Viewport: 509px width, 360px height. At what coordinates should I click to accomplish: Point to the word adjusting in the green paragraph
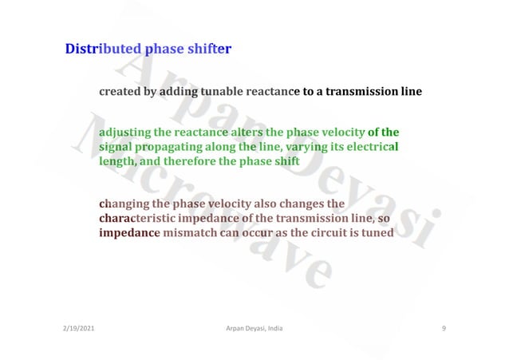tap(124, 132)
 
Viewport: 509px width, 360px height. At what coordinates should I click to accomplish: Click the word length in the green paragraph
tap(116, 162)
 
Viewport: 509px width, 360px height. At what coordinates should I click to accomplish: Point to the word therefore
tap(188, 162)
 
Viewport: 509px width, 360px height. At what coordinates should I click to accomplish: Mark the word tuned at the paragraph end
tap(379, 234)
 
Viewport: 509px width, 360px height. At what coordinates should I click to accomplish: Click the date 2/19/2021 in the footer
tap(78, 329)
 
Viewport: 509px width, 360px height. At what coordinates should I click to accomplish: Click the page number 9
tap(443, 329)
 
